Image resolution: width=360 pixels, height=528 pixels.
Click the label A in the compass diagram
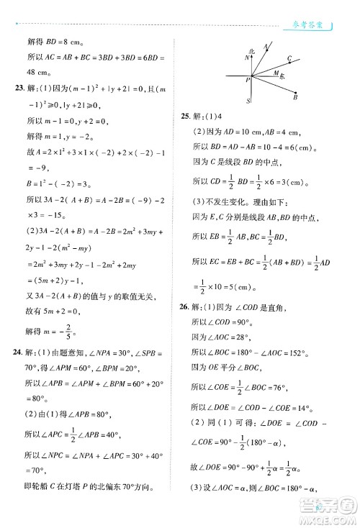coord(266,46)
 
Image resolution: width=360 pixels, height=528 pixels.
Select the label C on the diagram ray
coord(289,58)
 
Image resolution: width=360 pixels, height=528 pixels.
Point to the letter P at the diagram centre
coord(247,80)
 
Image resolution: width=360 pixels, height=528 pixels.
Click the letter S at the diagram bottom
coord(248,101)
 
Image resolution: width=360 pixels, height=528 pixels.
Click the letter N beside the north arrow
coord(246,58)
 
